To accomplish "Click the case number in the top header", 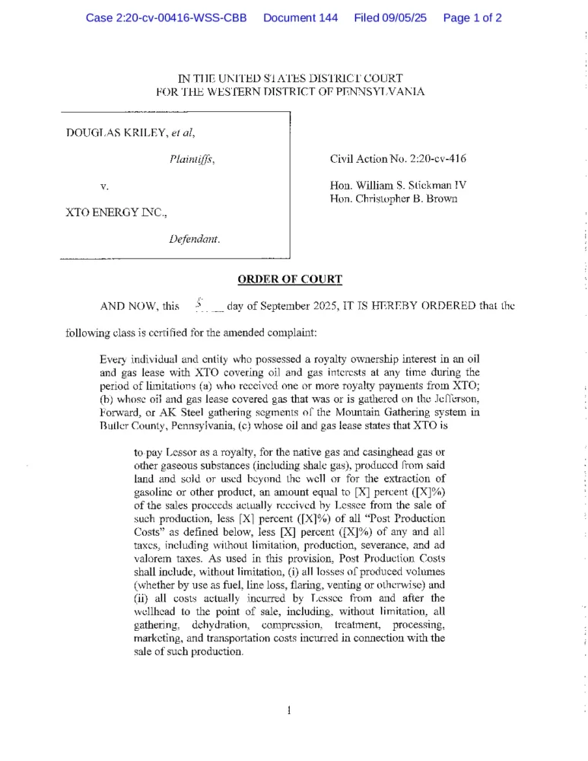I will pos(167,18).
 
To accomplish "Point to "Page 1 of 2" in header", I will pos(472,18).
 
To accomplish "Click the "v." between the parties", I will pos(104,185).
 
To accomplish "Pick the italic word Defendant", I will pos(195,239).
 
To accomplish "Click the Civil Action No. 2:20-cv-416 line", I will pos(398,159).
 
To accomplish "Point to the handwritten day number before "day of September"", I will pos(199,304).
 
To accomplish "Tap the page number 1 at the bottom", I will pos(290,711).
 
